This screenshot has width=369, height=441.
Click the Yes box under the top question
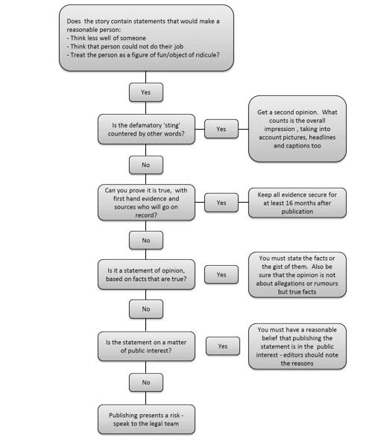pyautogui.click(x=146, y=92)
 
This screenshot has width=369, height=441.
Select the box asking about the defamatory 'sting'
pyautogui.click(x=146, y=130)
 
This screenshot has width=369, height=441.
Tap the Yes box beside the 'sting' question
pyautogui.click(x=221, y=129)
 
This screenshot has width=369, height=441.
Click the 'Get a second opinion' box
pyautogui.click(x=297, y=129)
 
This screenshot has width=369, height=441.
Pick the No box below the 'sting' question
pyautogui.click(x=146, y=165)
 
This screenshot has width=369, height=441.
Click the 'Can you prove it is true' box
pyautogui.click(x=146, y=203)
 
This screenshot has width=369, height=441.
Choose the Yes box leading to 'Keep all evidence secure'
pyautogui.click(x=221, y=203)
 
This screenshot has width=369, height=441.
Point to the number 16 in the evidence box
pyautogui.click(x=283, y=203)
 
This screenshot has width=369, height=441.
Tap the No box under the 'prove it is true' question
pyautogui.click(x=146, y=241)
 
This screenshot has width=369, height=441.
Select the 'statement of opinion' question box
pyautogui.click(x=146, y=274)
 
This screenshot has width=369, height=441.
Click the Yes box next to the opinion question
pyautogui.click(x=221, y=274)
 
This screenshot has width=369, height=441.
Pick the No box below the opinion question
pyautogui.click(x=146, y=309)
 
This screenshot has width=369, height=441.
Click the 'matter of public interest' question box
pyautogui.click(x=146, y=346)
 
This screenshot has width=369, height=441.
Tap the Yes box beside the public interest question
pyautogui.click(x=223, y=346)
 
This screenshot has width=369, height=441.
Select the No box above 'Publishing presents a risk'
pyautogui.click(x=146, y=382)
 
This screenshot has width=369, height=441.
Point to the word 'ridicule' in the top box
pyautogui.click(x=207, y=55)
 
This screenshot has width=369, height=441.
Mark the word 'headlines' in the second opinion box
pyautogui.click(x=322, y=137)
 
